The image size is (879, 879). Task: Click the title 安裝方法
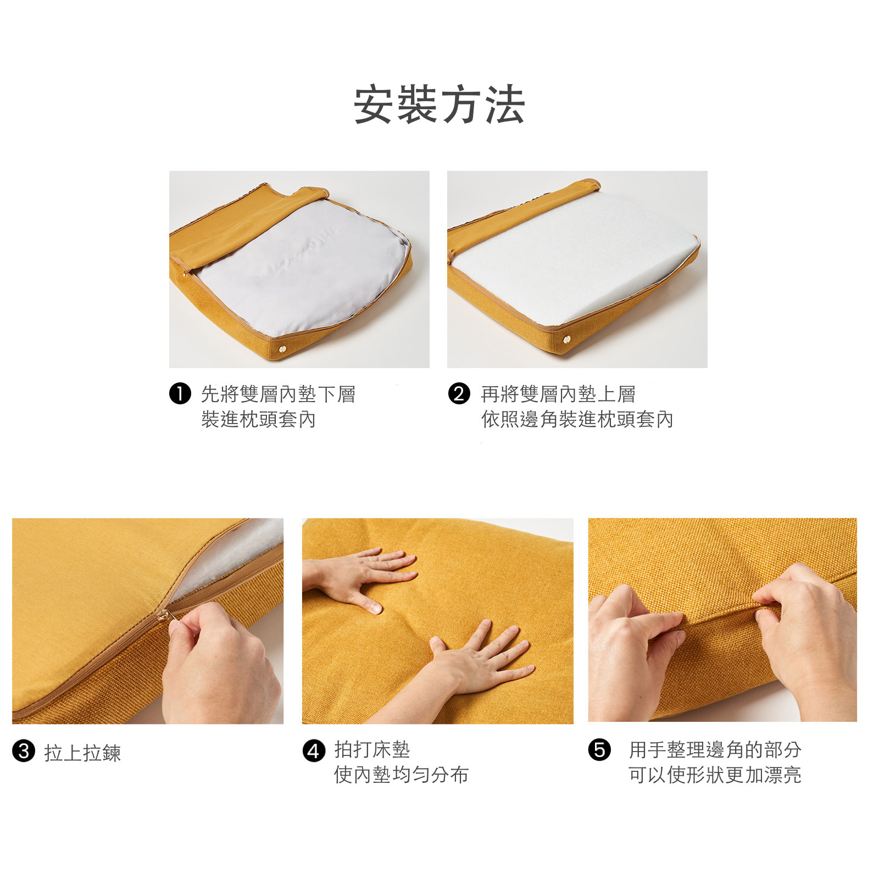tap(439, 104)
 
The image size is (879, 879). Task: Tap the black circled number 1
tap(180, 393)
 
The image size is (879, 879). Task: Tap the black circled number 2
tap(459, 393)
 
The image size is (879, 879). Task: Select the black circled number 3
tap(24, 751)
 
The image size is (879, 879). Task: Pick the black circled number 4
tap(313, 750)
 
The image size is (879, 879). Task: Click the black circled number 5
tap(599, 750)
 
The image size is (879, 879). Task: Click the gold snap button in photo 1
tap(283, 348)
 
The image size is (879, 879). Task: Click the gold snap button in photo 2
tap(567, 340)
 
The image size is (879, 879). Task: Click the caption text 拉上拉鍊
tap(82, 753)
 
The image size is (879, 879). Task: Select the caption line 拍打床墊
tap(372, 749)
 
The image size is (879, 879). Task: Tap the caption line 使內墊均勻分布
tap(401, 775)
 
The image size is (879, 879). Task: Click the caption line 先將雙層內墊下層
tap(278, 394)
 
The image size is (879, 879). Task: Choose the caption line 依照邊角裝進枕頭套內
tap(577, 419)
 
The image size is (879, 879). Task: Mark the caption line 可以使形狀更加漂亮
tap(714, 775)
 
